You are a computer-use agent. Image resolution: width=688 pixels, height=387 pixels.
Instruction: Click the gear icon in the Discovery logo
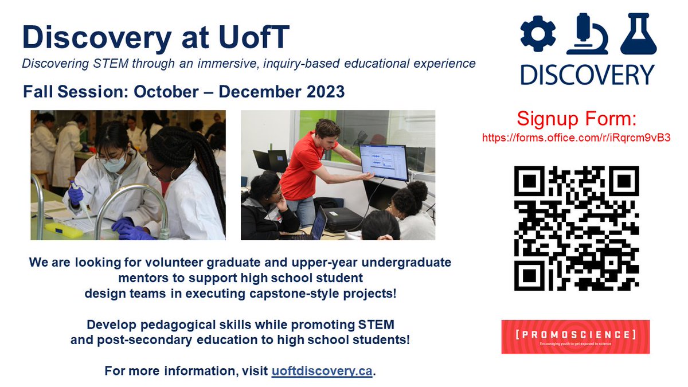[x=538, y=34]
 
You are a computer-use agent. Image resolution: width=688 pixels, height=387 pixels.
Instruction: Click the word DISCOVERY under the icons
[x=587, y=75]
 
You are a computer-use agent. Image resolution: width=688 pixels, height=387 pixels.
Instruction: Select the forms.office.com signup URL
[x=576, y=138]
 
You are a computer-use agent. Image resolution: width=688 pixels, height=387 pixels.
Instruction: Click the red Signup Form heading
[x=576, y=119]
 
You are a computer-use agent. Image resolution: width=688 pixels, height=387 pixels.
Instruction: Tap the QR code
[x=576, y=228]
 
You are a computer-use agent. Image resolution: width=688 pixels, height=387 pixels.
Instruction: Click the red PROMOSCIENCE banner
[x=575, y=337]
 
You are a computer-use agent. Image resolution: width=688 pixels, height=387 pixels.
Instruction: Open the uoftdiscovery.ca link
[x=322, y=371]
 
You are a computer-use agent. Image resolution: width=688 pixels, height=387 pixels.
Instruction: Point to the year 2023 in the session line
[x=325, y=91]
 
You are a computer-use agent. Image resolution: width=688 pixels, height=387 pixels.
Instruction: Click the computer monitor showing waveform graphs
[x=382, y=162]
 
